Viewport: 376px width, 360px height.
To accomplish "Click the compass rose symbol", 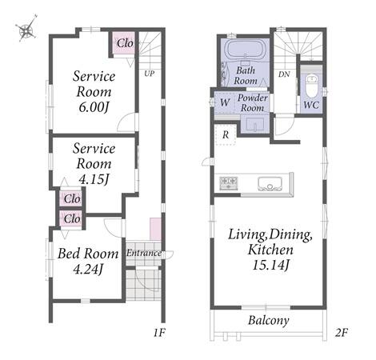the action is pos(26,29).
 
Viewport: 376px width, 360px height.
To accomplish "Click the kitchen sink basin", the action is pos(270,183).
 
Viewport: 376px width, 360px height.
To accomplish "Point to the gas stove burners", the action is pos(229,183).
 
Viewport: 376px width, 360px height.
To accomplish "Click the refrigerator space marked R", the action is pos(226,134).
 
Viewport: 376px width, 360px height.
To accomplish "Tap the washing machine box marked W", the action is pos(225,102).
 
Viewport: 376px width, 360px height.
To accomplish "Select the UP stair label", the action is pos(149,74).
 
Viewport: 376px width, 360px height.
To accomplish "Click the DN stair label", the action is pos(284,74).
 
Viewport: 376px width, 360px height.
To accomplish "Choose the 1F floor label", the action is pos(159,333).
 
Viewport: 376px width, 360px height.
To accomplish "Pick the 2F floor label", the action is pos(341,333).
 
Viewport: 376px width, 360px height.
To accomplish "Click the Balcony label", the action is pos(269,320).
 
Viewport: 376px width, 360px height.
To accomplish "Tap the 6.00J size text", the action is pos(94,107).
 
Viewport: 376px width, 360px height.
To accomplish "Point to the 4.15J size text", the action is pos(94,179).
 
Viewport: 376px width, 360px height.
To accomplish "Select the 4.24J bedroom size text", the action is pos(88,270).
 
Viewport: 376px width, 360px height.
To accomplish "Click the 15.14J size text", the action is pos(270,265).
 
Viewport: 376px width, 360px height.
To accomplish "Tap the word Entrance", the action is pos(144,253).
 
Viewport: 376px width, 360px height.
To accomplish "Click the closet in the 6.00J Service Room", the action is pos(123,43).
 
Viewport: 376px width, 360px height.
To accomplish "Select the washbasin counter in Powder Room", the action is pos(254,124).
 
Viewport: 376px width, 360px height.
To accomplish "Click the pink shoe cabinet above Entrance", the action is pos(155,229).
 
